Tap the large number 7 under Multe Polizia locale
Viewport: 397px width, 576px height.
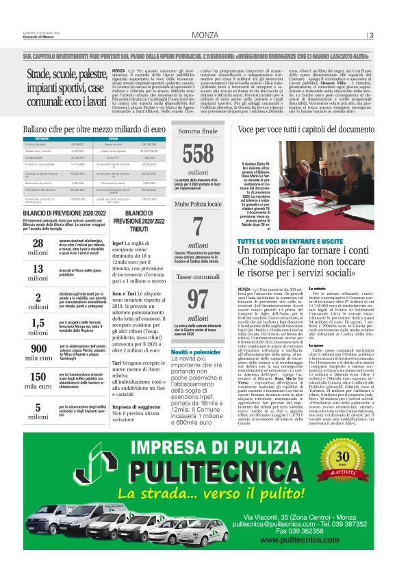[198, 226]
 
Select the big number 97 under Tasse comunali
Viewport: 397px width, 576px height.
[198, 298]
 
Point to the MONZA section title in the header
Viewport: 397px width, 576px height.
[205, 35]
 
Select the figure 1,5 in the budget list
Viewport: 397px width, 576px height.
[39, 323]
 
